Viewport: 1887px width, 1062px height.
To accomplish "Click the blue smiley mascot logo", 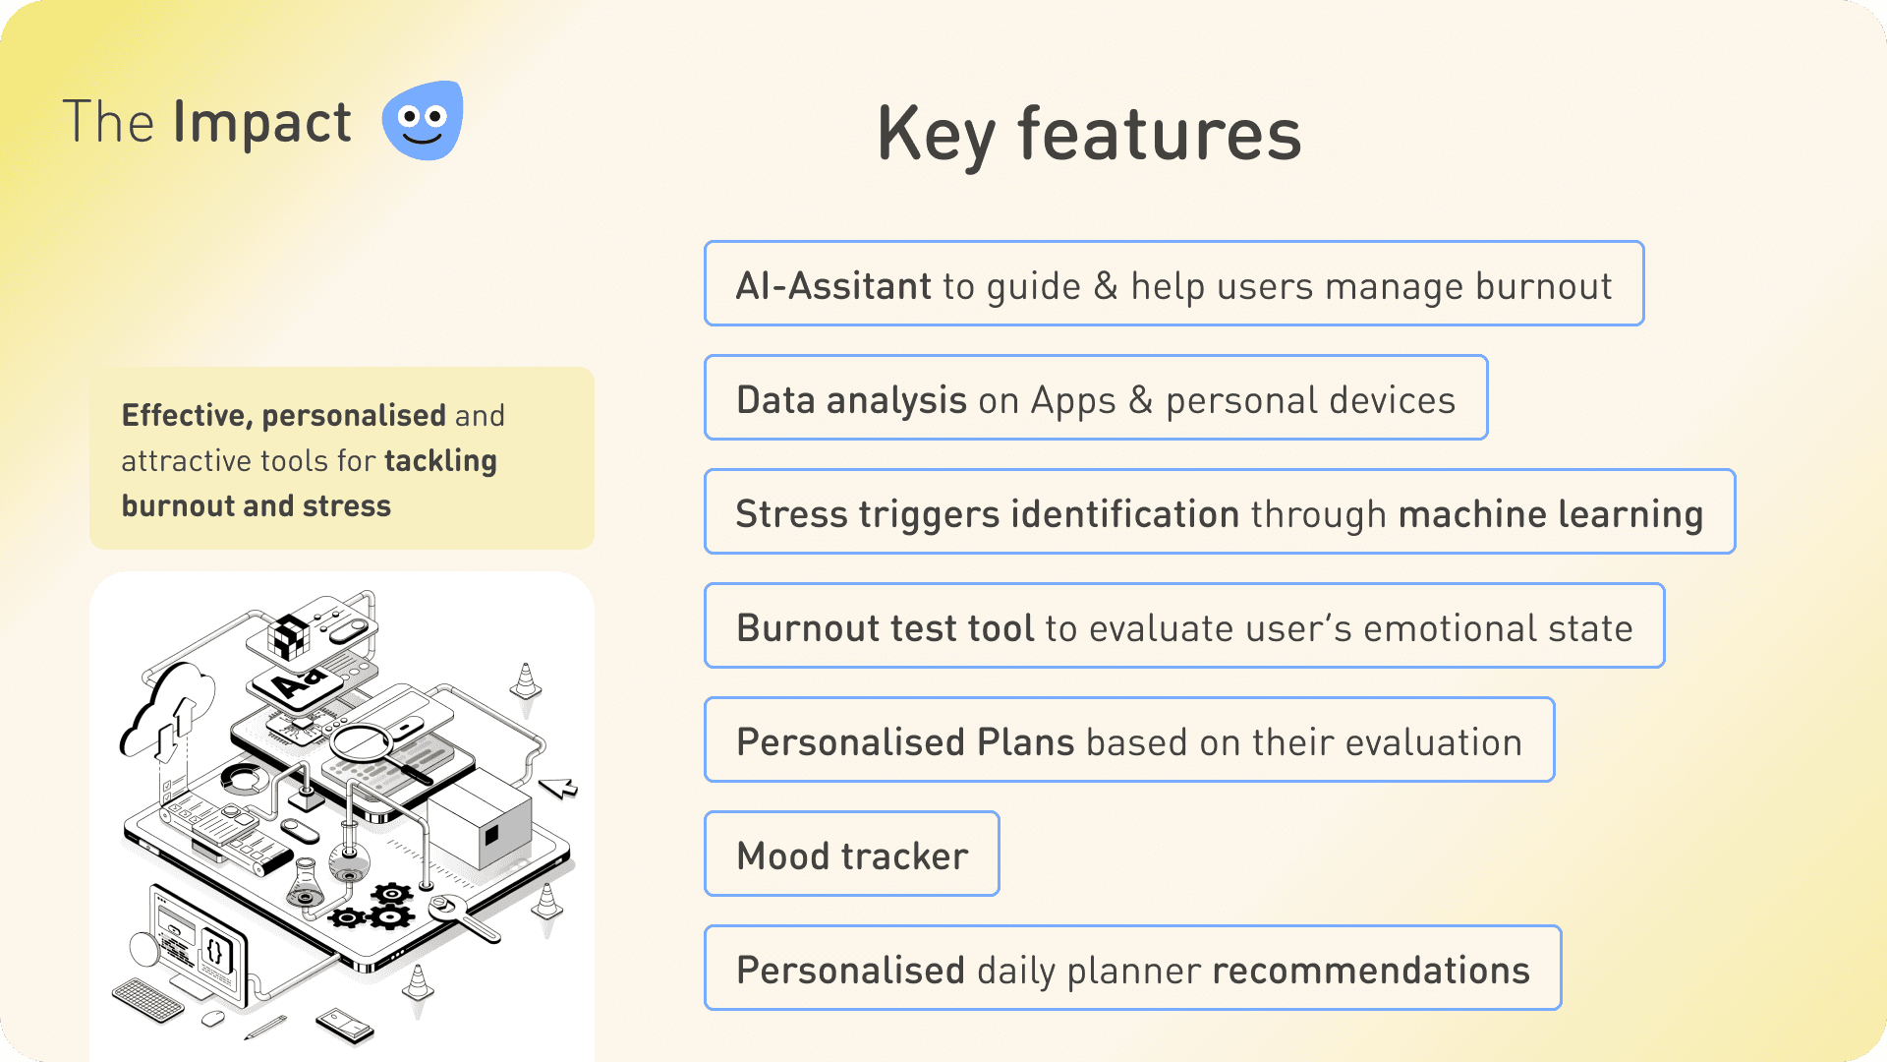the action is (423, 120).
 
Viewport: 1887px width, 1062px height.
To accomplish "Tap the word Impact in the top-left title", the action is (261, 123).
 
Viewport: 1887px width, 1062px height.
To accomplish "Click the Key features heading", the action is (1089, 135).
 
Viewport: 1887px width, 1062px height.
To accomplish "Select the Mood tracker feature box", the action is (852, 854).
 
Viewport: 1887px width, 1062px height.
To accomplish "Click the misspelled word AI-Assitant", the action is (833, 286).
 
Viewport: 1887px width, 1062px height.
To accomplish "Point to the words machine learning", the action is (1550, 515).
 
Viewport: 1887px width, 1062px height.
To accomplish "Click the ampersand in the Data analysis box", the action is (1140, 400).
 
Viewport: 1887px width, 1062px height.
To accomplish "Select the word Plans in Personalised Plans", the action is (1026, 742).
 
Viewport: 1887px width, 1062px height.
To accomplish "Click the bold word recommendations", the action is (1371, 971).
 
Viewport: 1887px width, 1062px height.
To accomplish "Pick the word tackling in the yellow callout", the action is (440, 461).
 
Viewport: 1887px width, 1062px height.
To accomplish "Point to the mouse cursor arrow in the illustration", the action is (558, 788).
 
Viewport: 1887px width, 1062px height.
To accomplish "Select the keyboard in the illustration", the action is (148, 1000).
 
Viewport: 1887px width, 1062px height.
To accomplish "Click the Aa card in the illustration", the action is (299, 680).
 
